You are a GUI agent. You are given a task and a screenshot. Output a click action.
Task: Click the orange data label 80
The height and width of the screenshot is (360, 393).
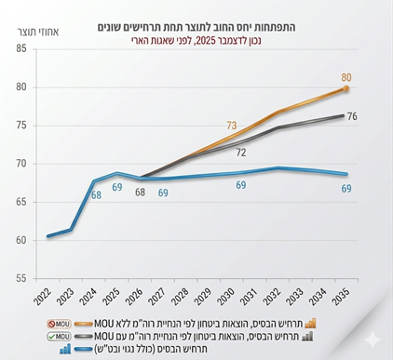pos(346,77)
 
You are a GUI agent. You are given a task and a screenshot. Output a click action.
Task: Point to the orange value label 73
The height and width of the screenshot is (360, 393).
pos(233,125)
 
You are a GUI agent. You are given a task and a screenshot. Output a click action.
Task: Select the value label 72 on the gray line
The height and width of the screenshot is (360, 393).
pos(240,153)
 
